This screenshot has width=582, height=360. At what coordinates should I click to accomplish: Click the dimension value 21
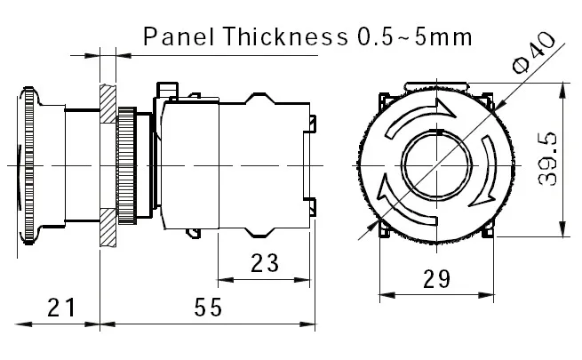(x=60, y=308)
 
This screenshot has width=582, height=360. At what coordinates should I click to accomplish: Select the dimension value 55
(x=207, y=308)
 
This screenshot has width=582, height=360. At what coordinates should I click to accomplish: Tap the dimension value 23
(x=264, y=262)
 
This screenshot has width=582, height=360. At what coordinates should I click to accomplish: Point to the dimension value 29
(x=435, y=279)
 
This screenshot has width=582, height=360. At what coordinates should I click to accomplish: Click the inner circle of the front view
(x=435, y=164)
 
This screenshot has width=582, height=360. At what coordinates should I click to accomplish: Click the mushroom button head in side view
(x=32, y=164)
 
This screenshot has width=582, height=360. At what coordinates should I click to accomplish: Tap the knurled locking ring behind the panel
(x=130, y=164)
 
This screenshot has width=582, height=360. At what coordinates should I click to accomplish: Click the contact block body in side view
(x=258, y=164)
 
